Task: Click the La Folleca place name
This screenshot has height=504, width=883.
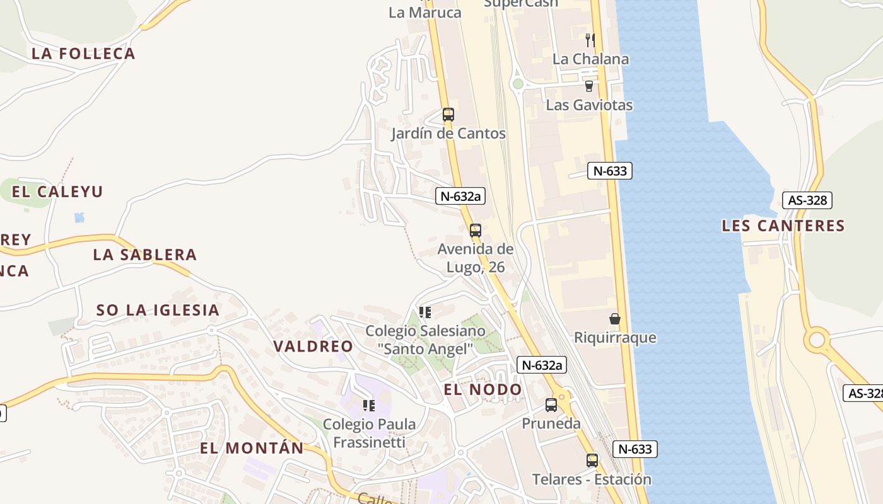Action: click(x=83, y=54)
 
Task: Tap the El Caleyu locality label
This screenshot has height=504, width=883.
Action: click(x=57, y=192)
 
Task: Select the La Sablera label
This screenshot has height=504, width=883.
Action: click(x=145, y=255)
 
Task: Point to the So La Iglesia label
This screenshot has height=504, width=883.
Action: click(x=158, y=310)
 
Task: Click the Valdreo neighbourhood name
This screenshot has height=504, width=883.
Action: click(x=313, y=346)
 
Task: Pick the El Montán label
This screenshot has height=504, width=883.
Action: click(x=252, y=448)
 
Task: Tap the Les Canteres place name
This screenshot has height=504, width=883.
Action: click(x=783, y=226)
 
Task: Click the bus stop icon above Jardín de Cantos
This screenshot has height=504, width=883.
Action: click(x=448, y=115)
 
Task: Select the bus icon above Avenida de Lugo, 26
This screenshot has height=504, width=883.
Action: click(x=476, y=231)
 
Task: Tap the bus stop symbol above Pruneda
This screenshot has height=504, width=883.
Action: click(x=551, y=405)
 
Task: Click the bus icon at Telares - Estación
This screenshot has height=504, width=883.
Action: click(x=592, y=461)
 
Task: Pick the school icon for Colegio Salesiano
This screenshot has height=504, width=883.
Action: click(x=425, y=312)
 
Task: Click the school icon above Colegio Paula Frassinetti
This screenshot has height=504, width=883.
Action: click(x=369, y=405)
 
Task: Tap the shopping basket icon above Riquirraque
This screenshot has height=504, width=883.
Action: click(x=615, y=319)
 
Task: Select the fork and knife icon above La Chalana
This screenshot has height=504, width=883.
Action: click(x=590, y=40)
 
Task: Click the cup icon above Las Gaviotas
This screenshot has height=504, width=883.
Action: click(x=589, y=86)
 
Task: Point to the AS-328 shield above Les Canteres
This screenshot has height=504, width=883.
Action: click(x=807, y=200)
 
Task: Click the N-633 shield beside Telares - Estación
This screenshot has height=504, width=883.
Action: click(x=635, y=449)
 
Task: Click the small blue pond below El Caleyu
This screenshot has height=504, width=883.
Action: click(x=79, y=218)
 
